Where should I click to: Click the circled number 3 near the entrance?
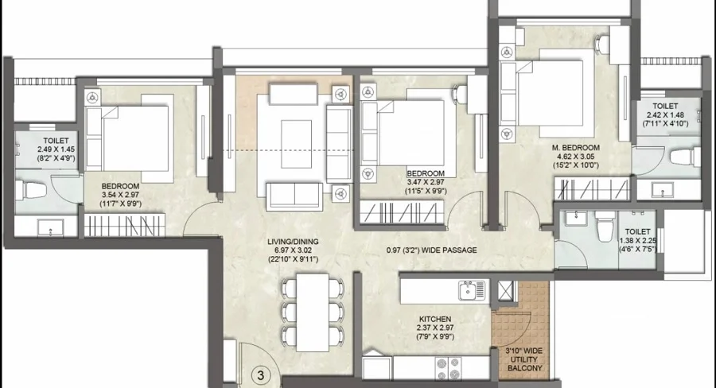261,375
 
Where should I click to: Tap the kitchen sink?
472,290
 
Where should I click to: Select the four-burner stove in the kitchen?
448,367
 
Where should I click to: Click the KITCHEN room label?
435,319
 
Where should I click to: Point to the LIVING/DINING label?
293,242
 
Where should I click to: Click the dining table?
313,312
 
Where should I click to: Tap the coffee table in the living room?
297,144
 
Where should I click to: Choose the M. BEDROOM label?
575,147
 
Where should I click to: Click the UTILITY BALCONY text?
525,364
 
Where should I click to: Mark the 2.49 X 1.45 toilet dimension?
56,149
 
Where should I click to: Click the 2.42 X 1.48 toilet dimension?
665,114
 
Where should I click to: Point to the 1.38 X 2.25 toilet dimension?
638,241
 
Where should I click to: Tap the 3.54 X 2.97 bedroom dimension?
121,195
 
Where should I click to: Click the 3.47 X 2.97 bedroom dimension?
426,182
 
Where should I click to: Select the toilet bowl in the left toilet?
30,189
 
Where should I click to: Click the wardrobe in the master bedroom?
592,189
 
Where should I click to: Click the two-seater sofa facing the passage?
294,196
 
